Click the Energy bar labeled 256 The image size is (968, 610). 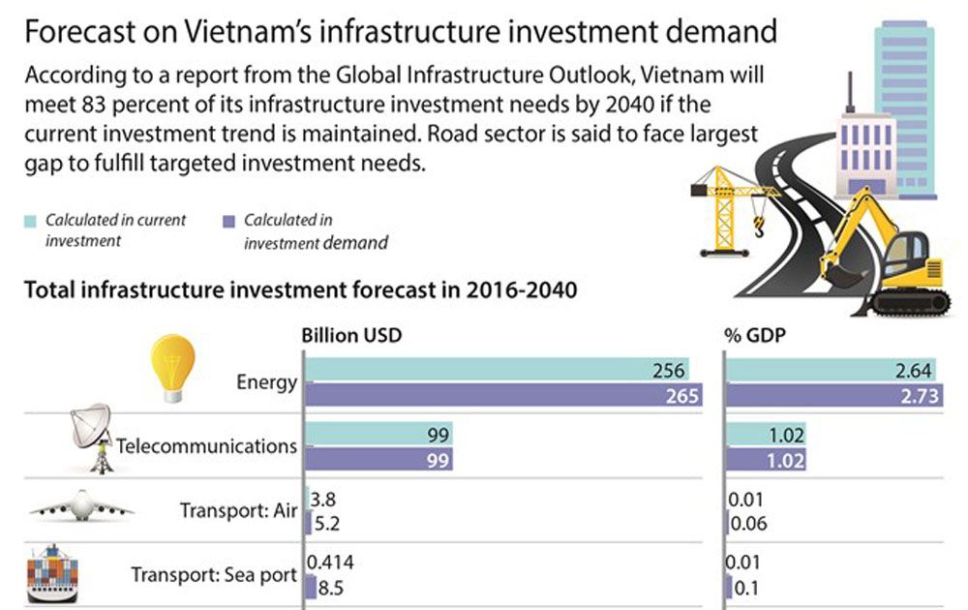click(499, 370)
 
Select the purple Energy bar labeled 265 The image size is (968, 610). click(503, 394)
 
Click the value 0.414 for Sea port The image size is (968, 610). click(327, 562)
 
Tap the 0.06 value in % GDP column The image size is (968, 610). click(746, 524)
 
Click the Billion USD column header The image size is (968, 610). click(350, 335)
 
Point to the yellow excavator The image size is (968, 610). click(881, 257)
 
